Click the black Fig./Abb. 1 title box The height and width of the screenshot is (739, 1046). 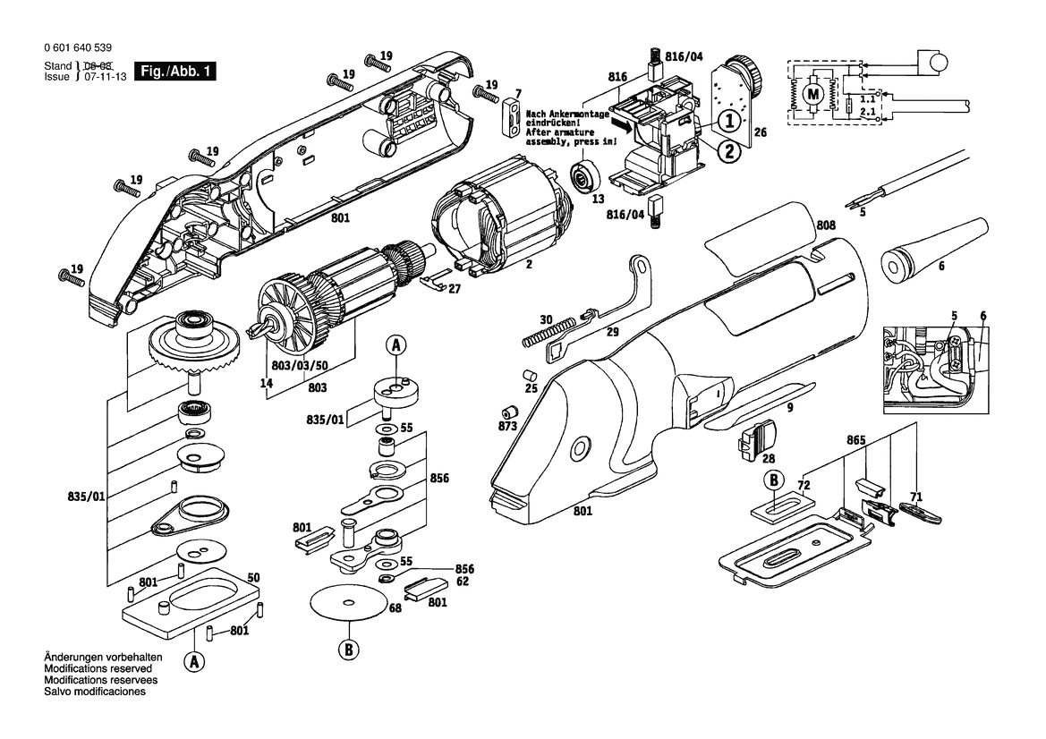coord(175,72)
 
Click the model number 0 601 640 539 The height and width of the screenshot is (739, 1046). coord(77,48)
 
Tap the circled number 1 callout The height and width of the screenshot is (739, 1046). coord(729,121)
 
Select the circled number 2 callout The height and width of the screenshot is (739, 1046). coord(729,150)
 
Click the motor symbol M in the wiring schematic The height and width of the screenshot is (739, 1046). coord(813,93)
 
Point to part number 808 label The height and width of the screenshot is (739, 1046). coord(826,225)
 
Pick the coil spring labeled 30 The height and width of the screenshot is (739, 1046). coord(547,331)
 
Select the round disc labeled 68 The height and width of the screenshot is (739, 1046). coord(349,603)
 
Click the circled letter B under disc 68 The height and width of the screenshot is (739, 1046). coord(348,649)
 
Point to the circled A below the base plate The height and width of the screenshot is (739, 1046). coord(194,661)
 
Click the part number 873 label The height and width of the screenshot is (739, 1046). coord(507,426)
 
